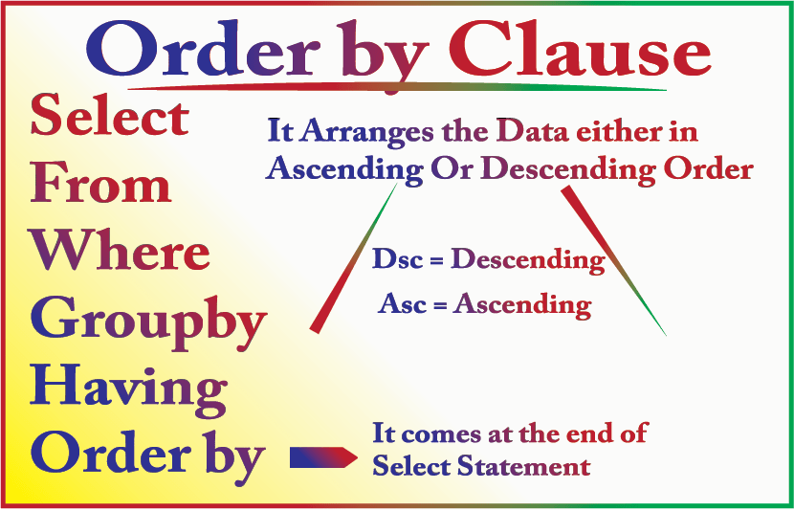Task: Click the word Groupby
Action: [x=147, y=322]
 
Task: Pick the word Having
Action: [x=128, y=389]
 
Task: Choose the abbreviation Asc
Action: [x=401, y=304]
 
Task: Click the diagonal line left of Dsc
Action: [x=352, y=258]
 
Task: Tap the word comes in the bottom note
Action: [x=437, y=434]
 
